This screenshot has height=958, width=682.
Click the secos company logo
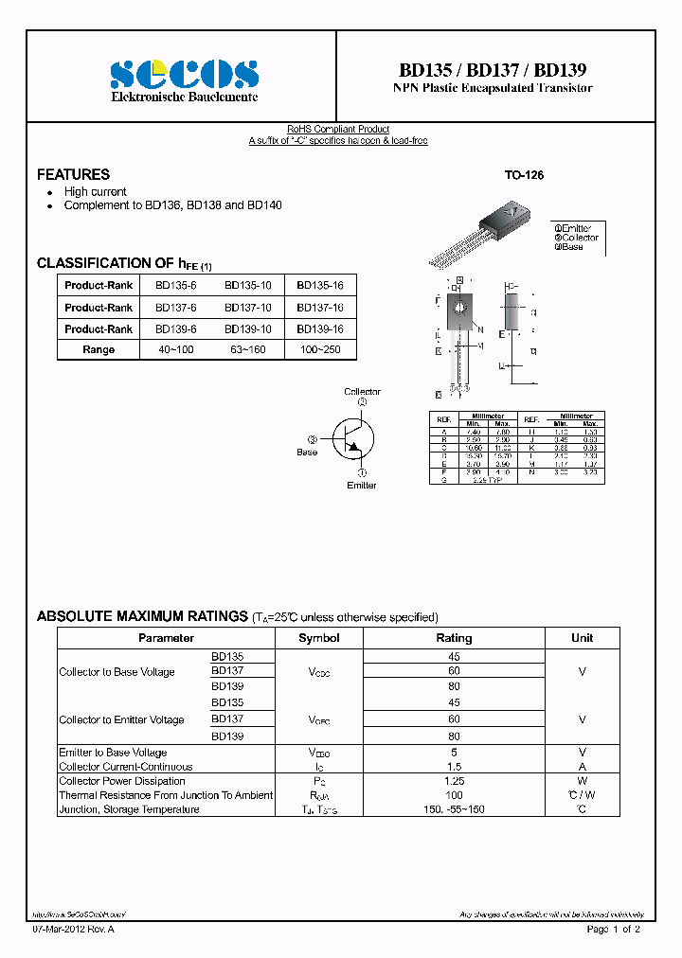tap(185, 74)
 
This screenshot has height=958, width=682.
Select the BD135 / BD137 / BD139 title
tap(493, 70)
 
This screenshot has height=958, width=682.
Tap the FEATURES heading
tap(73, 174)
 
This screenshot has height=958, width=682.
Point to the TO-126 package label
tap(524, 175)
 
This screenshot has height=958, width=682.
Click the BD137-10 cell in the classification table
tap(248, 308)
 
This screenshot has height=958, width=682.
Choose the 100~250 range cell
tap(320, 349)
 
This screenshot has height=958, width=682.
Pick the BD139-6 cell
tap(175, 328)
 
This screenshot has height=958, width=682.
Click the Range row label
tap(99, 349)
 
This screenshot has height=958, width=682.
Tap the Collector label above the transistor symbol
tap(362, 391)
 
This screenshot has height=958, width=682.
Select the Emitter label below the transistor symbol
tap(361, 485)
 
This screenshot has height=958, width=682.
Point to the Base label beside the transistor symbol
tap(307, 452)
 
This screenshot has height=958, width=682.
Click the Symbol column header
tap(318, 638)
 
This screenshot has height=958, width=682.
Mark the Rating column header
tap(454, 638)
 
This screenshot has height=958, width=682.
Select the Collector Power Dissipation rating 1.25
tap(454, 781)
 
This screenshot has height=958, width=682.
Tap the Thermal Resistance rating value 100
tap(454, 795)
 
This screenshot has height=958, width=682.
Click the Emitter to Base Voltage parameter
tap(113, 753)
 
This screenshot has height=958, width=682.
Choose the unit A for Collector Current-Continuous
tap(582, 767)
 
